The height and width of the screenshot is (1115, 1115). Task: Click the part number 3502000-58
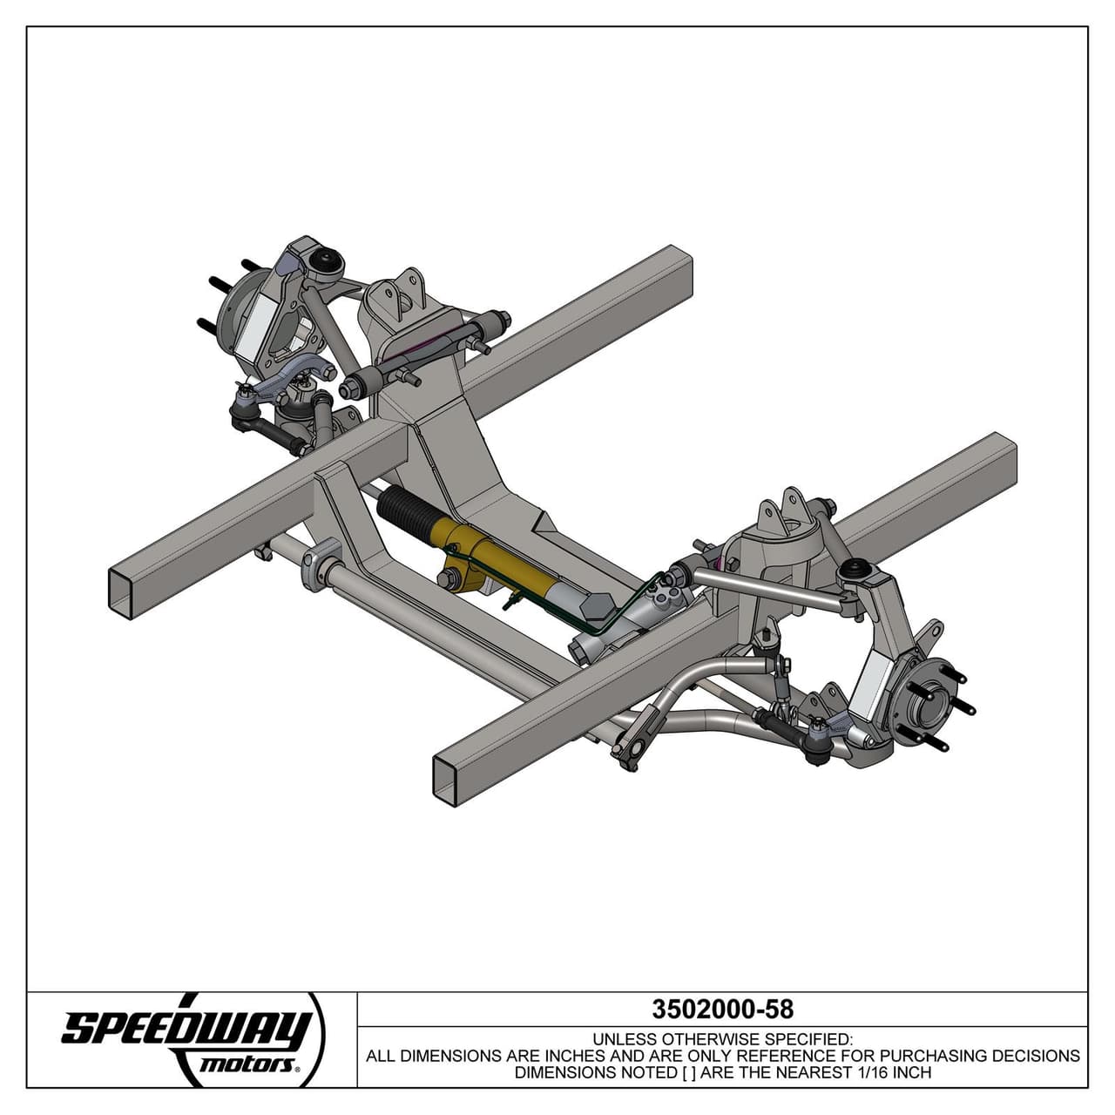(722, 1009)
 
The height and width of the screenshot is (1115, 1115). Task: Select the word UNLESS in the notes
(625, 1039)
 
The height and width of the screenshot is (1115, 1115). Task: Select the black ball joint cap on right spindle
(855, 571)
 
